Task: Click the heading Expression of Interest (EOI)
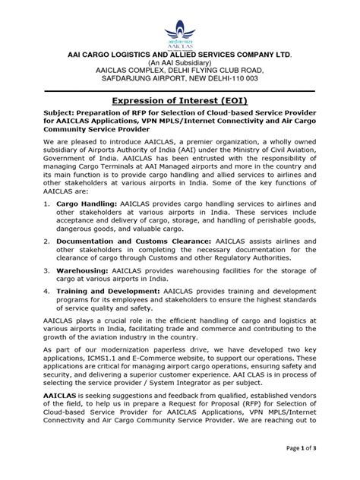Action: coord(180,99)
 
